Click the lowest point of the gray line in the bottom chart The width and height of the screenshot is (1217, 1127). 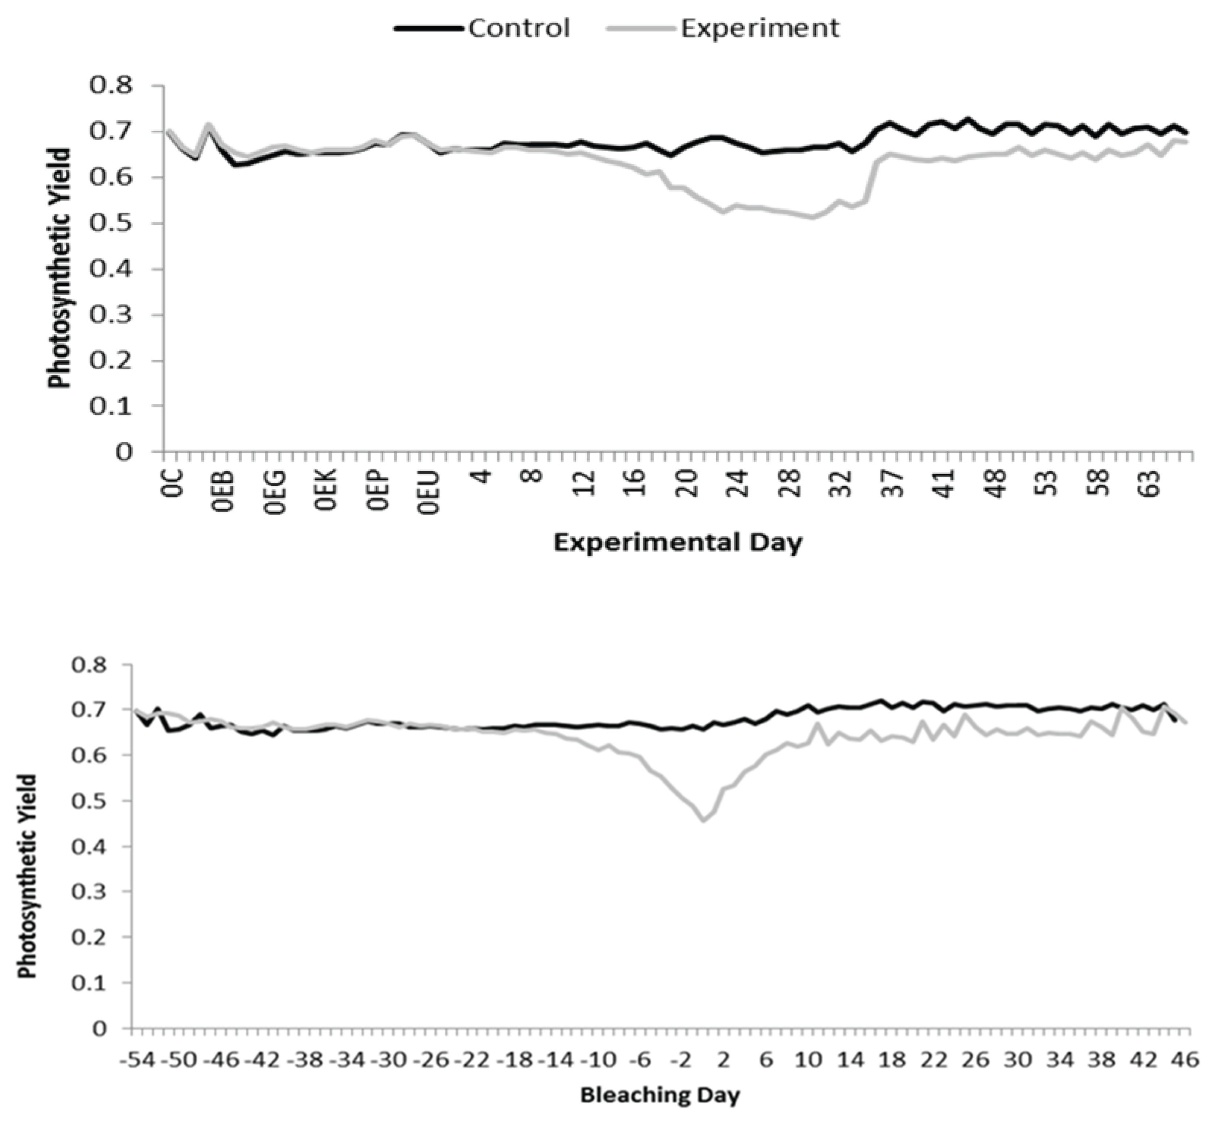(x=704, y=821)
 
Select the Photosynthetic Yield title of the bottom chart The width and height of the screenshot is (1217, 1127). (x=27, y=877)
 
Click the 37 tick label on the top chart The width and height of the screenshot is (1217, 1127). (x=894, y=485)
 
